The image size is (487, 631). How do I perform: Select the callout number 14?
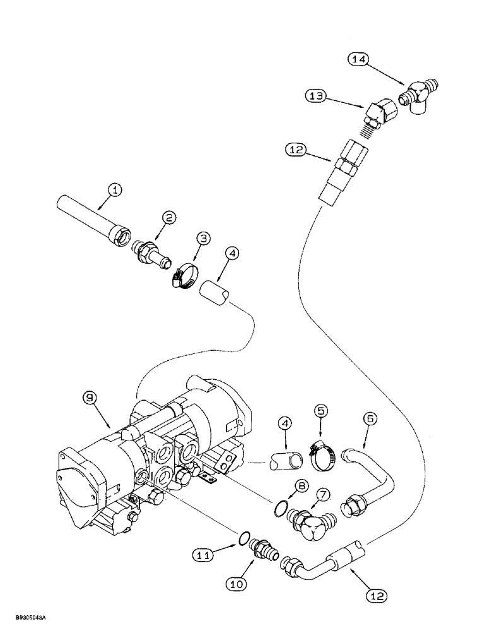tap(359, 59)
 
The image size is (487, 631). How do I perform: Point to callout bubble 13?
tap(316, 96)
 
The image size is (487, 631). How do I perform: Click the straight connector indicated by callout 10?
tap(264, 549)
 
